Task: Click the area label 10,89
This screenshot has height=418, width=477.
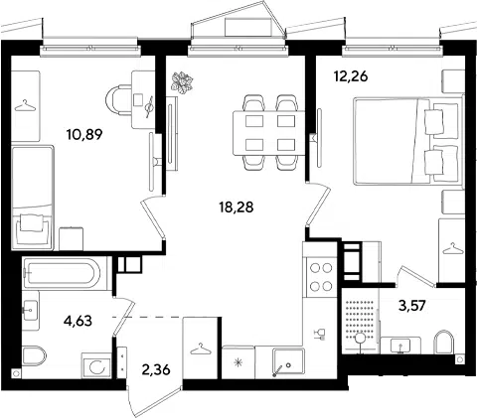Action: (x=84, y=134)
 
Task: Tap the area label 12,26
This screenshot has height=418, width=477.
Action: (x=351, y=76)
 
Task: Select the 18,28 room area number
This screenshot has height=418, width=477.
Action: (x=236, y=208)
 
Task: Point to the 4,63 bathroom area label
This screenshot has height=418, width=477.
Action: (x=78, y=321)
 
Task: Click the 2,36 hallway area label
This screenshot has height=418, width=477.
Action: (x=156, y=369)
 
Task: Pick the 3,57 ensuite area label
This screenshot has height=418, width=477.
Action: (x=412, y=306)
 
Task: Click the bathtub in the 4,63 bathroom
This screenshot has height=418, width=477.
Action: (x=63, y=273)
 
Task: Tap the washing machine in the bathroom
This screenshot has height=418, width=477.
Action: (x=96, y=365)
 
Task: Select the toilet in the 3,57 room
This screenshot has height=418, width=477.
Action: (x=443, y=342)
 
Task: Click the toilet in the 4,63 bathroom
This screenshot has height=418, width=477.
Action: (x=34, y=355)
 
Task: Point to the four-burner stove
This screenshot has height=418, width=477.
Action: (x=320, y=277)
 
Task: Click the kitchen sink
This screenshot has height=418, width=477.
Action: (x=288, y=363)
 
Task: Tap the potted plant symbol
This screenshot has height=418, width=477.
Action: (x=182, y=81)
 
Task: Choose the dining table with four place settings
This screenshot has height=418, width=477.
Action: (x=269, y=133)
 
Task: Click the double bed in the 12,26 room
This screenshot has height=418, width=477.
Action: (x=408, y=141)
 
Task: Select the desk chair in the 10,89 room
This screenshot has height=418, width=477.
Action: (x=117, y=99)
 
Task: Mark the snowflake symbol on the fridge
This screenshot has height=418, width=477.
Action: (x=238, y=363)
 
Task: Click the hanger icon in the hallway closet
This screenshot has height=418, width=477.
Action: (x=201, y=349)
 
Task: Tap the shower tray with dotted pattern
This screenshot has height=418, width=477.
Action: (x=360, y=321)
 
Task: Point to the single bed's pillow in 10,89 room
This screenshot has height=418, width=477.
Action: (x=32, y=222)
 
